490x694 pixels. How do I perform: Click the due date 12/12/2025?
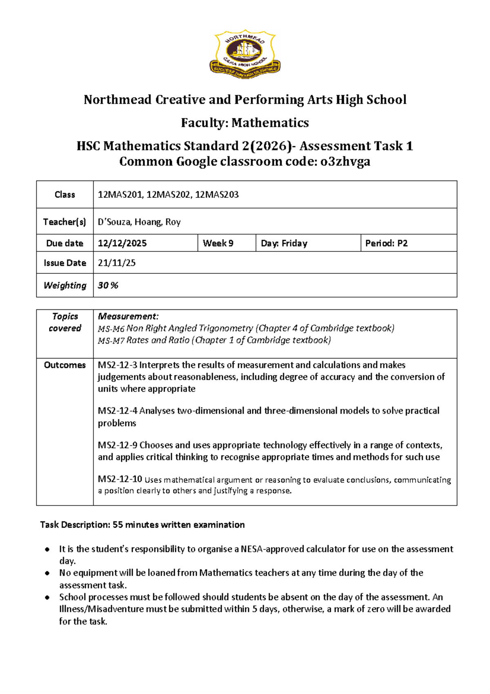pyautogui.click(x=122, y=243)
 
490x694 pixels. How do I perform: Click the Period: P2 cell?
pyautogui.click(x=386, y=243)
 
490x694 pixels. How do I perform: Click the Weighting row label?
pyautogui.click(x=65, y=285)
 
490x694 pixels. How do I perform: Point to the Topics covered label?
pyautogui.click(x=65, y=322)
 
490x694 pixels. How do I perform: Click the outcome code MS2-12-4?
pyautogui.click(x=117, y=411)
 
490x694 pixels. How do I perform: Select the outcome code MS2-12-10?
pyautogui.click(x=120, y=479)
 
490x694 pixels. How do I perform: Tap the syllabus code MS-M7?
pyautogui.click(x=111, y=340)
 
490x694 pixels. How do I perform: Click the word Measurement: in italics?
pyautogui.click(x=128, y=316)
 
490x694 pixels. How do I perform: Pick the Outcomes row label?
pyautogui.click(x=65, y=365)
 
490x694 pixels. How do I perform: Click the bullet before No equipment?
pyautogui.click(x=48, y=573)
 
